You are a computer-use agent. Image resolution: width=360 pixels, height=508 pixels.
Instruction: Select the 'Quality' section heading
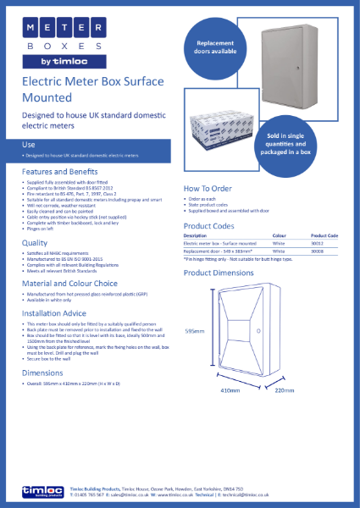(x=35, y=242)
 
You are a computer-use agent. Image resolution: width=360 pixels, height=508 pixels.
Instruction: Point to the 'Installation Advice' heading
(x=56, y=312)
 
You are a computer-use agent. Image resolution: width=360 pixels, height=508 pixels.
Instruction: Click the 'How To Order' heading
(x=208, y=188)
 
